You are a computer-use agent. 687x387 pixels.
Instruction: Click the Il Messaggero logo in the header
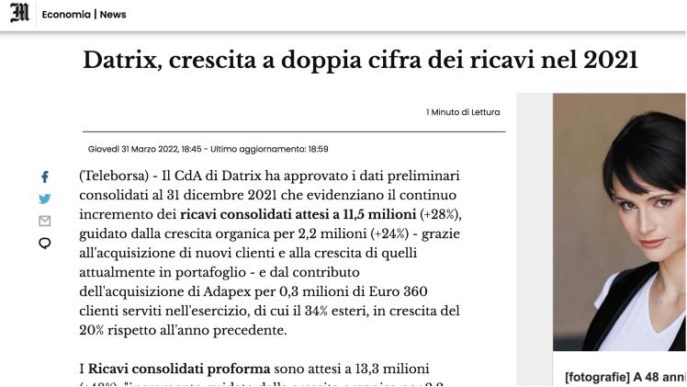[18, 14]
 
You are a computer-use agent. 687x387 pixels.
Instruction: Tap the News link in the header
[113, 15]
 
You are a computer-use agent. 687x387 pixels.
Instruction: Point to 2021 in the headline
[609, 61]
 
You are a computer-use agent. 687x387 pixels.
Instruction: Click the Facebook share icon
[44, 176]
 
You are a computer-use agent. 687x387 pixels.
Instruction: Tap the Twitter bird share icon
[44, 199]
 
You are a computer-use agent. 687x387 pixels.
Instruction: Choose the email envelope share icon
[44, 221]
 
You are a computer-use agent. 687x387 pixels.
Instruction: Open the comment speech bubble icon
[44, 244]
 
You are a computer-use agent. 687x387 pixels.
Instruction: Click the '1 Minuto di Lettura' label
[463, 112]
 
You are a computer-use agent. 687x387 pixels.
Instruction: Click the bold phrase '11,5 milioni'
[379, 214]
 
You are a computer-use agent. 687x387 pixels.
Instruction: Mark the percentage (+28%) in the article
[440, 214]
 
